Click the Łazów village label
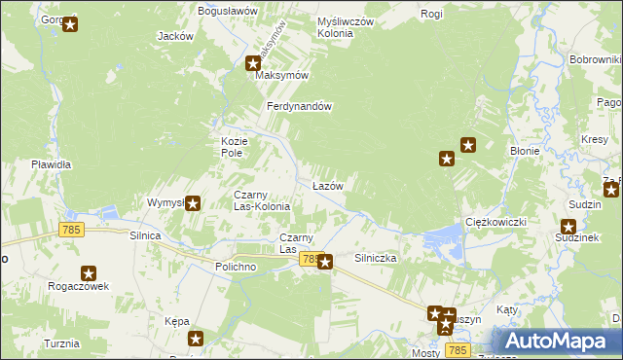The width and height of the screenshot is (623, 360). pyautogui.click(x=326, y=185)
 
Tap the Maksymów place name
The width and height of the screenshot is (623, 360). pyautogui.click(x=281, y=75)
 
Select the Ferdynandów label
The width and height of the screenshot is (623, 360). pyautogui.click(x=301, y=106)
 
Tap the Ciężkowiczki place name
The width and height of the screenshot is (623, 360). pyautogui.click(x=495, y=222)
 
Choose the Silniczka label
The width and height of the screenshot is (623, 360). pyautogui.click(x=375, y=259)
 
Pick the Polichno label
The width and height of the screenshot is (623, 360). pyautogui.click(x=236, y=266)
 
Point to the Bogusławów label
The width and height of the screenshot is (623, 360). pyautogui.click(x=227, y=10)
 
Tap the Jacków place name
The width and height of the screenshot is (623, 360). pyautogui.click(x=175, y=36)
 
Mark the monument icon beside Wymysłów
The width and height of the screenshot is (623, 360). pyautogui.click(x=193, y=203)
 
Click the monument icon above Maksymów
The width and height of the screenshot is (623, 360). pyautogui.click(x=253, y=64)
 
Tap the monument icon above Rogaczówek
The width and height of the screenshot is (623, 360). pyautogui.click(x=89, y=275)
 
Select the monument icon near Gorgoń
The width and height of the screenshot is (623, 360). pyautogui.click(x=70, y=24)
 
